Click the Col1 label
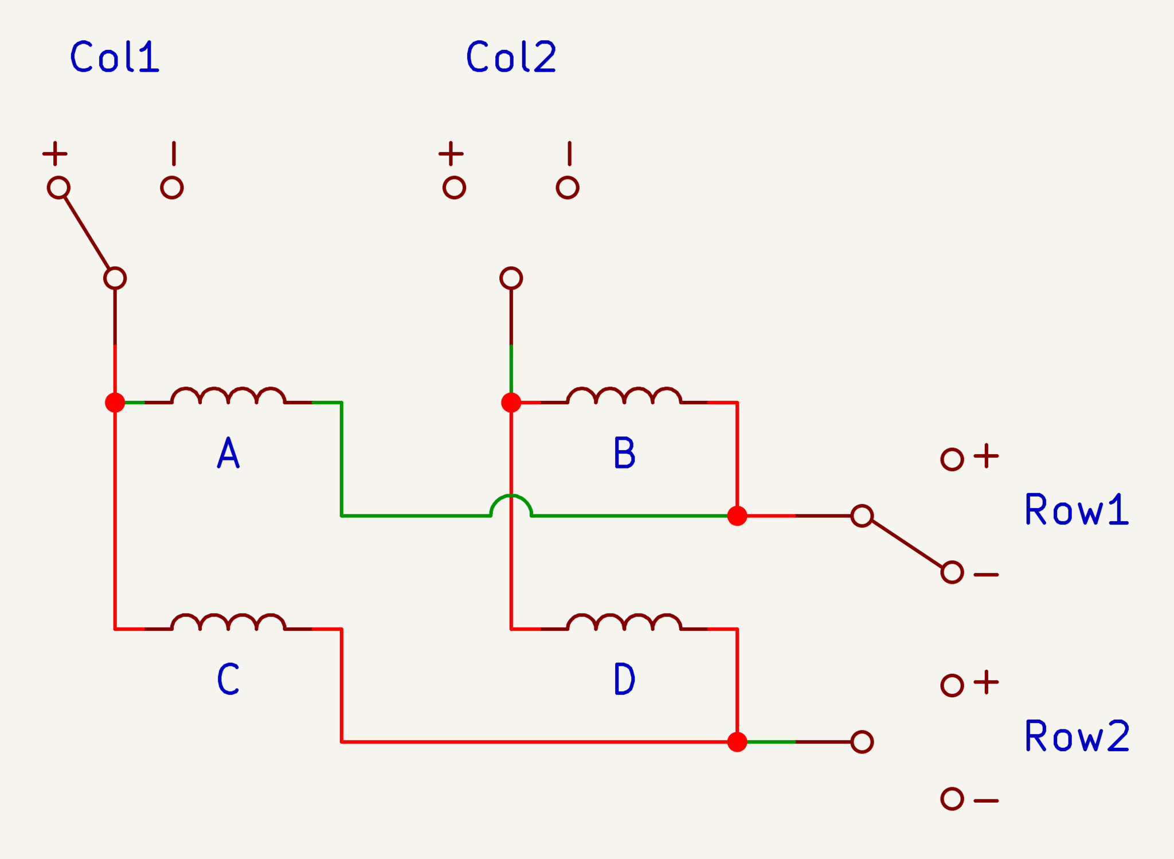click(115, 56)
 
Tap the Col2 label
click(511, 56)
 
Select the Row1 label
click(1077, 509)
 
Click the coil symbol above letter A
click(228, 396)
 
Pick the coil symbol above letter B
click(624, 396)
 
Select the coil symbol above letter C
click(228, 622)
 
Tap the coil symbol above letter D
click(624, 622)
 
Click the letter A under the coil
click(228, 452)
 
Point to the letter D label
click(624, 678)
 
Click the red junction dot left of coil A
click(115, 403)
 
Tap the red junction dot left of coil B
click(511, 403)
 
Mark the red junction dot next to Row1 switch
click(737, 516)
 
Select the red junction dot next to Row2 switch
click(737, 742)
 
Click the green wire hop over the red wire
click(511, 495)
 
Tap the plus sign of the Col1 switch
click(55, 154)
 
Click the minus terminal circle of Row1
click(952, 572)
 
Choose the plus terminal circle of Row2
click(952, 685)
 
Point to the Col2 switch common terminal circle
click(511, 278)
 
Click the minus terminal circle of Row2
click(952, 799)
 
